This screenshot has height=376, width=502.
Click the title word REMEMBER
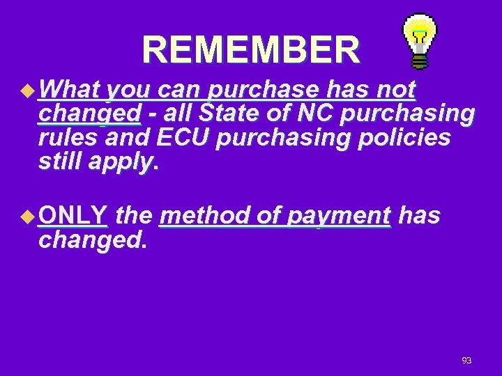[x=252, y=49]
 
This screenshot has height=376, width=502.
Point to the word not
[x=395, y=90]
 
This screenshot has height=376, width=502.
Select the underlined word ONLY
[x=73, y=216]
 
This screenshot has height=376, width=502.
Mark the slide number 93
[x=466, y=360]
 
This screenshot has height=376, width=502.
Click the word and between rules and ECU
[x=130, y=139]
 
